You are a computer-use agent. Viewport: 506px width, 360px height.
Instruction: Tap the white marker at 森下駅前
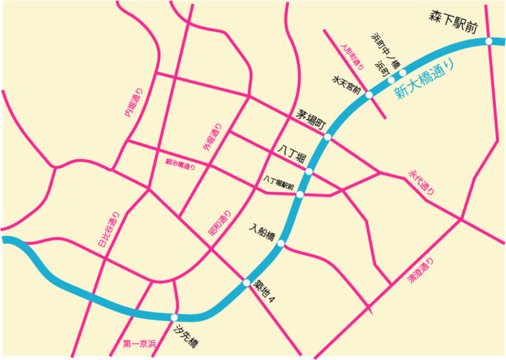(489, 42)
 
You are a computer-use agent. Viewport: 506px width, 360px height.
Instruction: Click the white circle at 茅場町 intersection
(328, 137)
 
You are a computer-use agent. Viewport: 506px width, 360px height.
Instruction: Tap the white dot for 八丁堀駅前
(300, 194)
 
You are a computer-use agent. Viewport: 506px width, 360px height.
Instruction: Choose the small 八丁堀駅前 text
(279, 181)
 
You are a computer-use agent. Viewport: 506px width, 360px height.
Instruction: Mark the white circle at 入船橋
(281, 244)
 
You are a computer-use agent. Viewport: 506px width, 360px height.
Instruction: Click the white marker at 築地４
(247, 283)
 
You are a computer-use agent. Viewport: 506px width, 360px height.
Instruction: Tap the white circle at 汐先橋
(174, 318)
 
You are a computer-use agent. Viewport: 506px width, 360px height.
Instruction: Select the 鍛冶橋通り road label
(180, 164)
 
